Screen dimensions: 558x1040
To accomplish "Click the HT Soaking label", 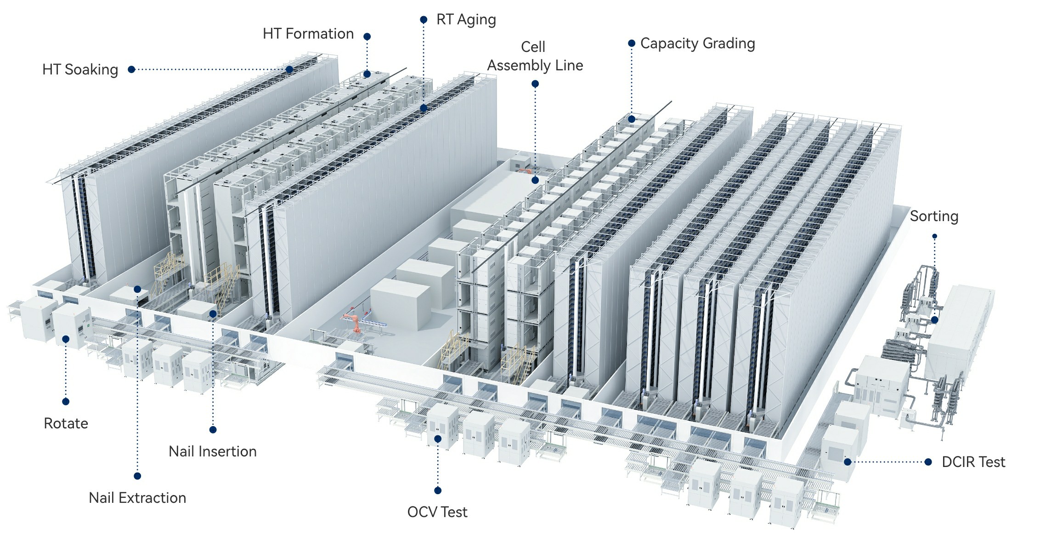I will [x=80, y=69].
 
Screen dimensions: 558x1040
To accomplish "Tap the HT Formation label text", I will [x=308, y=34].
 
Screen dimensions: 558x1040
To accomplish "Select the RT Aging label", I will [x=466, y=20].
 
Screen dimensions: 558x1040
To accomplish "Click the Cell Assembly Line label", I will [x=535, y=56].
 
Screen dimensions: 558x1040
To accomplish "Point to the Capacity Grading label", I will [x=697, y=43].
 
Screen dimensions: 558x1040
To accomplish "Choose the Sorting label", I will [x=934, y=216].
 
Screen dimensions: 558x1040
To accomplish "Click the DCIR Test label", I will [x=973, y=461].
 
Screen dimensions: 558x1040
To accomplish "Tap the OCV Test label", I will [x=437, y=512].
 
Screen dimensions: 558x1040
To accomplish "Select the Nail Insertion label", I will [x=212, y=451].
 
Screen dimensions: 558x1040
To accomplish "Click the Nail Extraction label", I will [x=137, y=498].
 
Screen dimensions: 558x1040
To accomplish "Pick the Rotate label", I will [x=66, y=423].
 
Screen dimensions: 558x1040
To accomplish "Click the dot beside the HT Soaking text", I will [x=131, y=69].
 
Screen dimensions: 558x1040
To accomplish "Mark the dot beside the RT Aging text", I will [x=424, y=20].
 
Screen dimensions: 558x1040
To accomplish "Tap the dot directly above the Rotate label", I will [x=66, y=401].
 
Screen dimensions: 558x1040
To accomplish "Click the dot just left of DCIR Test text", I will [x=928, y=462].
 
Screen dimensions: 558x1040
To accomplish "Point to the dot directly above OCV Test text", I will [x=438, y=490].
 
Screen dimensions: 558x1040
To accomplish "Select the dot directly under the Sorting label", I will [x=934, y=236].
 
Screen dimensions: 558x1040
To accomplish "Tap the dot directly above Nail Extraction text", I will [x=137, y=476].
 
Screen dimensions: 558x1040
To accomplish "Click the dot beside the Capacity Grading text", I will [x=632, y=43].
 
